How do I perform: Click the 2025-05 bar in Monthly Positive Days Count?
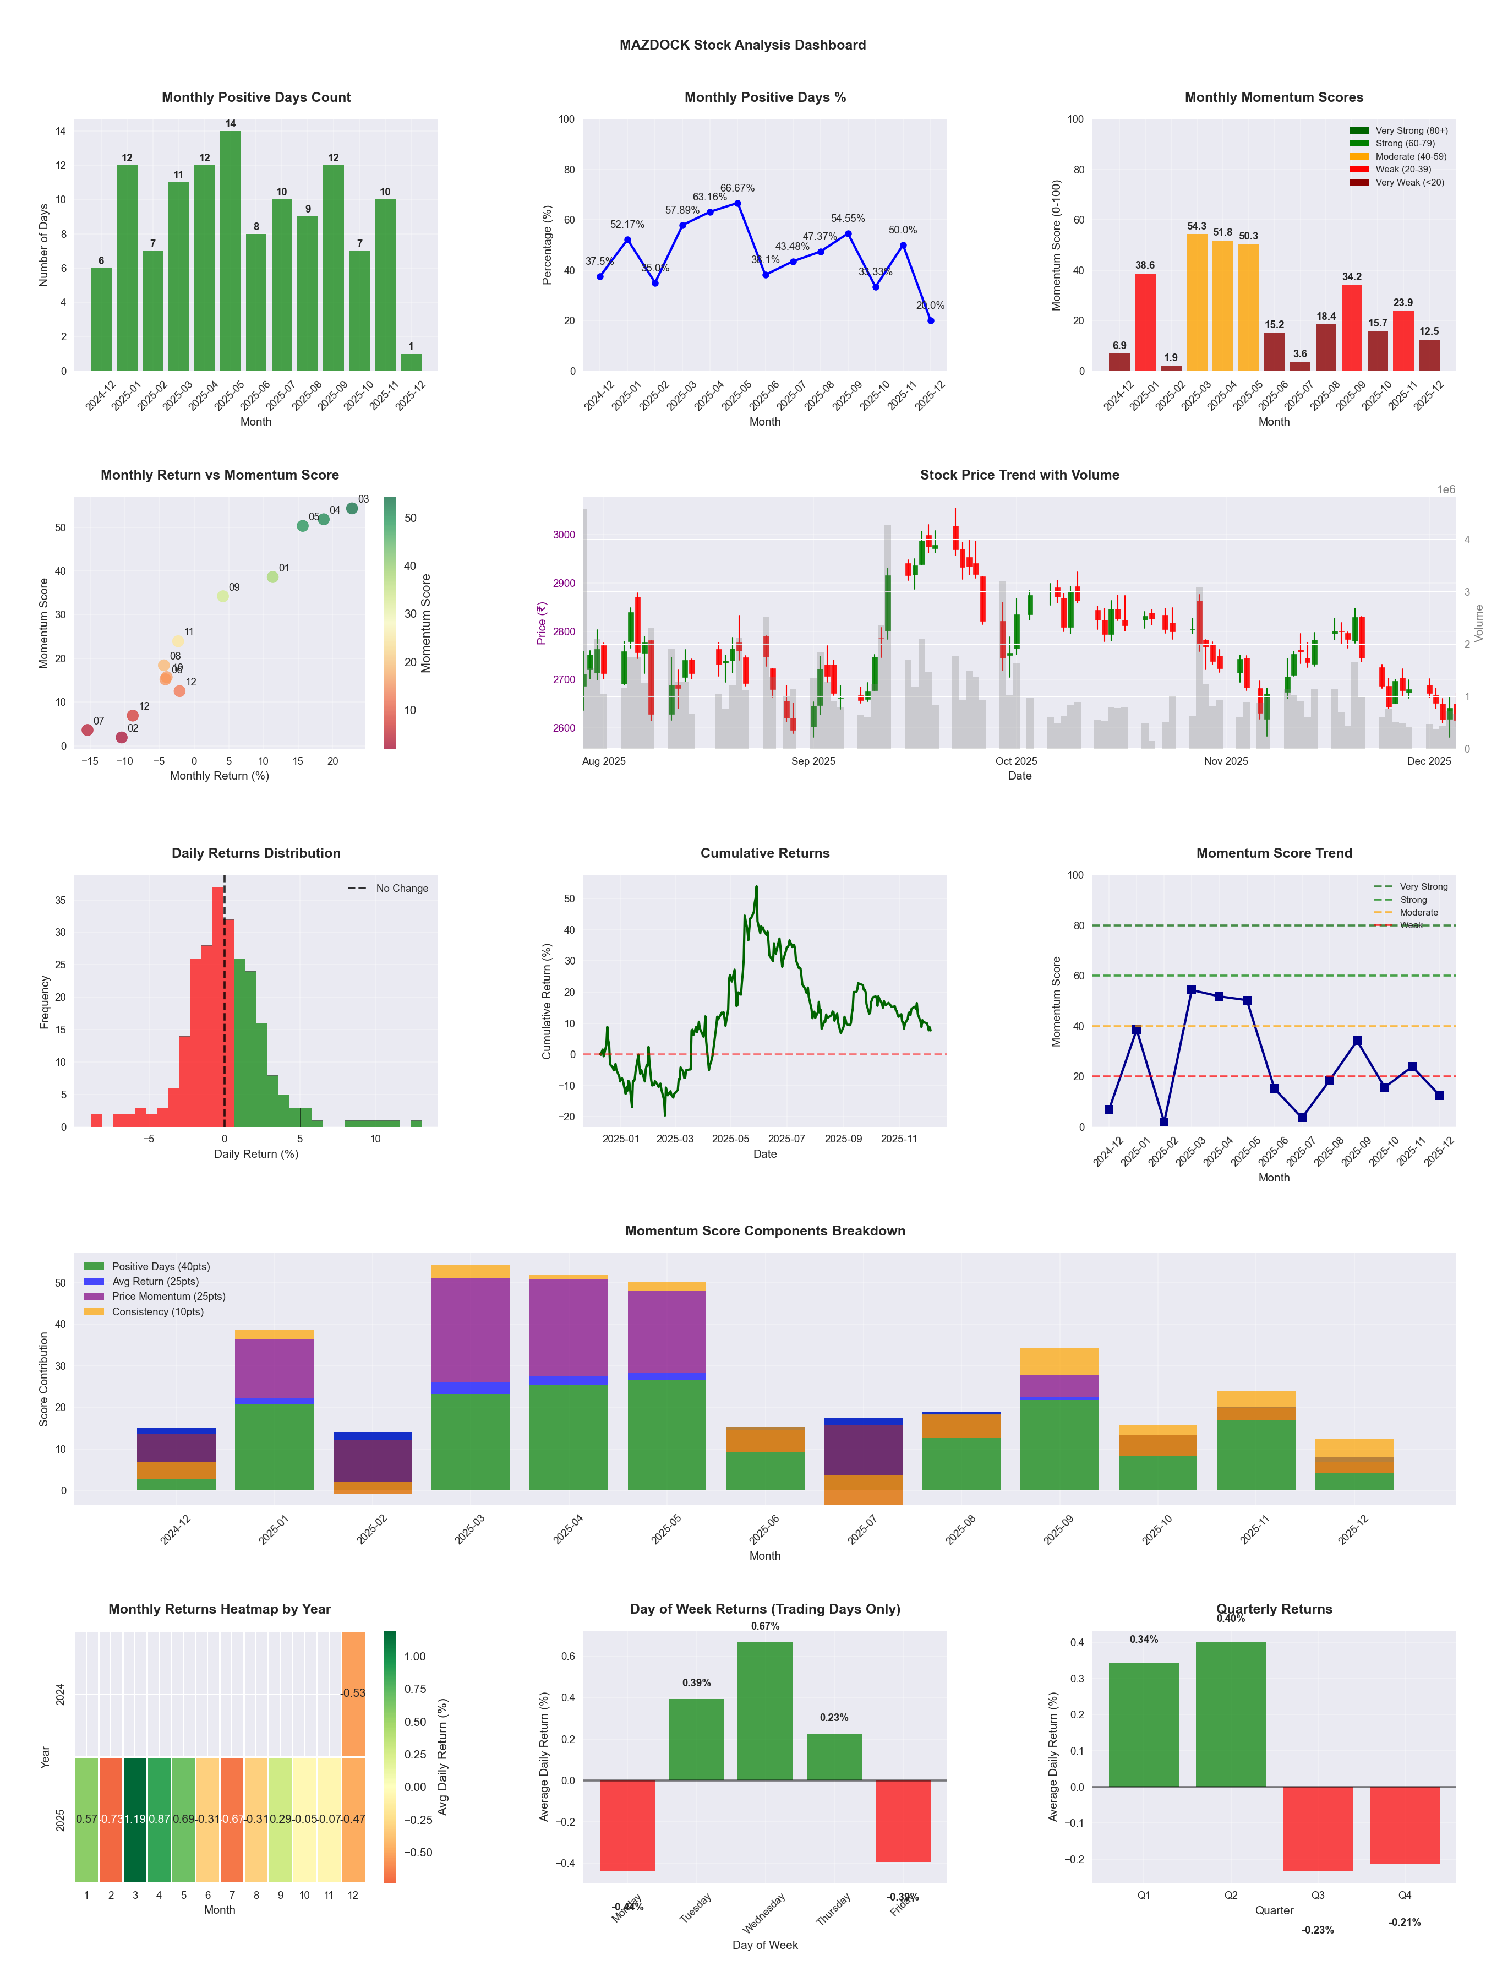pyautogui.click(x=230, y=251)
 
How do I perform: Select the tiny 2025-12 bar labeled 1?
pyautogui.click(x=411, y=362)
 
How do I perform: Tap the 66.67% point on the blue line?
pyautogui.click(x=738, y=203)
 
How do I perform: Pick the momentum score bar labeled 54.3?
pyautogui.click(x=1197, y=302)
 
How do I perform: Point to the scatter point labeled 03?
pyautogui.click(x=352, y=508)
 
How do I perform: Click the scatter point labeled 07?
pyautogui.click(x=87, y=730)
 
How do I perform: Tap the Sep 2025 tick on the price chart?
pyautogui.click(x=813, y=761)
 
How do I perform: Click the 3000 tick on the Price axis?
pyautogui.click(x=564, y=535)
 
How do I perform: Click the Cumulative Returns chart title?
pyautogui.click(x=765, y=853)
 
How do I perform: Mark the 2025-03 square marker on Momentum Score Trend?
pyautogui.click(x=1192, y=990)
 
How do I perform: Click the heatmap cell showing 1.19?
pyautogui.click(x=135, y=1819)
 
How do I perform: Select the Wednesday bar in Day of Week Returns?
pyautogui.click(x=765, y=1711)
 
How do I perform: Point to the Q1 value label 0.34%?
pyautogui.click(x=1144, y=1640)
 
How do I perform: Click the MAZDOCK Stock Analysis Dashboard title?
pyautogui.click(x=742, y=45)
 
